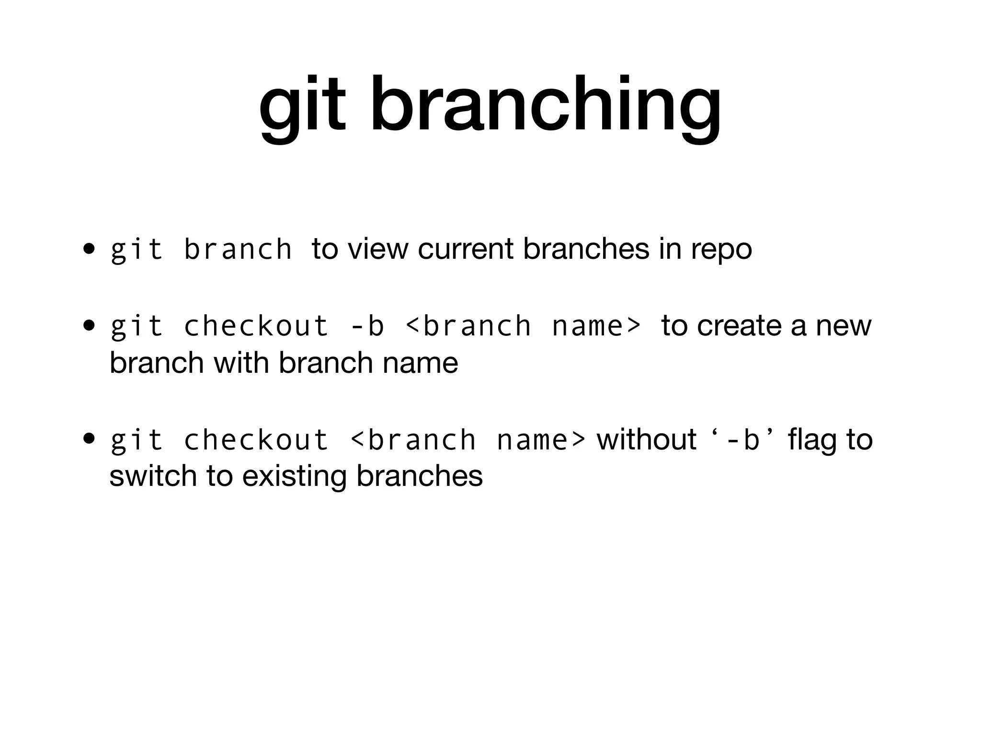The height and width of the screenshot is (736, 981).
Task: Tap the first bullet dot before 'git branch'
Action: (88, 249)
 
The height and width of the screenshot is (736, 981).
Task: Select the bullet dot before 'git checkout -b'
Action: (88, 326)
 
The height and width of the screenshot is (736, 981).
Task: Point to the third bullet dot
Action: (88, 439)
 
